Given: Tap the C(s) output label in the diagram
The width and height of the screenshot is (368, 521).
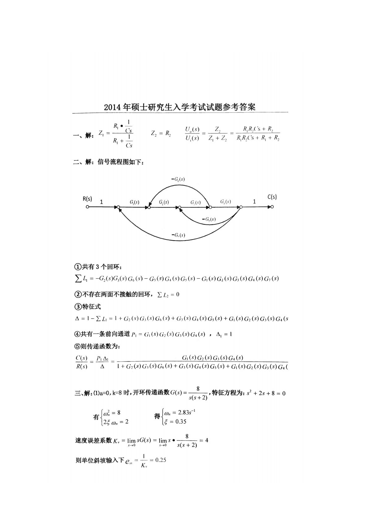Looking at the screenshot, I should click(272, 197).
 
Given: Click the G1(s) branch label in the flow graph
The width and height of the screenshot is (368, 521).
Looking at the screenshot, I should click(134, 202).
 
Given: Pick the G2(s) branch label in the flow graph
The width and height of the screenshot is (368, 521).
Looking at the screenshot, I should click(164, 202).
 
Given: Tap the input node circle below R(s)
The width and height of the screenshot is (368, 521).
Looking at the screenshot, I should click(88, 207).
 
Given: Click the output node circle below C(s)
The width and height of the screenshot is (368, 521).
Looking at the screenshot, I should click(272, 207).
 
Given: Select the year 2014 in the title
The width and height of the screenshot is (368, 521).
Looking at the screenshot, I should click(113, 107).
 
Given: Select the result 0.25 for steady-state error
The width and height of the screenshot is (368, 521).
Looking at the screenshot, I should click(160, 460).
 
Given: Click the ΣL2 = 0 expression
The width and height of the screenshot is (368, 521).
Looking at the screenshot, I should click(168, 294).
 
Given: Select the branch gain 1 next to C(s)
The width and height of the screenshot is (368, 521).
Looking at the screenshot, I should click(254, 202).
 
